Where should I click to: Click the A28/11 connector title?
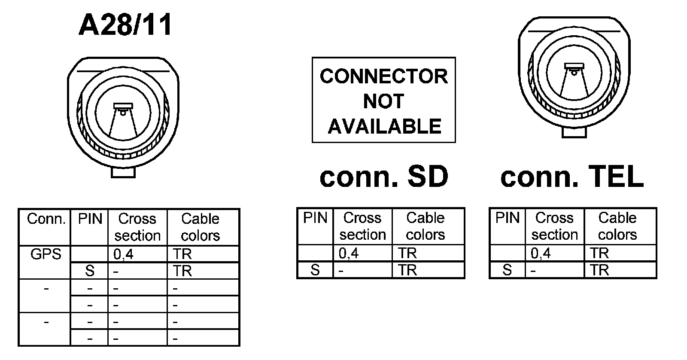[x=125, y=24]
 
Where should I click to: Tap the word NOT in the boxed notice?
[x=383, y=101]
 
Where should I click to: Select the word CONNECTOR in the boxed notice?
[x=383, y=76]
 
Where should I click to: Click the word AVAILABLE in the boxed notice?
[x=384, y=126]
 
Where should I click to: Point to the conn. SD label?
[x=384, y=177]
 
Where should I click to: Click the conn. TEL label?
[x=572, y=177]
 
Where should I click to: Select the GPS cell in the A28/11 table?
[x=46, y=254]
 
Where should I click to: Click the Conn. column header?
[x=46, y=219]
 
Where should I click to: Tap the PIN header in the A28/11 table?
[x=90, y=219]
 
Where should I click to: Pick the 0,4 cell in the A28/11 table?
[x=123, y=255]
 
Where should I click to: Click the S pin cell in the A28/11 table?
[x=90, y=271]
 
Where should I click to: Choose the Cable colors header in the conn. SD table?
[x=425, y=226]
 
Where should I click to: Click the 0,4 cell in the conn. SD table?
[x=348, y=253]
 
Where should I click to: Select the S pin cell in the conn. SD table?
[x=315, y=270]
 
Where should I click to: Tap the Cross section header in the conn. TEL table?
[x=554, y=226]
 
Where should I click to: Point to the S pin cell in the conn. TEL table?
[x=507, y=270]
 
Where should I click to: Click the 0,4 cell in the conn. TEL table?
[x=541, y=253]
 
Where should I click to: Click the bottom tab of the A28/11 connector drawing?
[x=123, y=172]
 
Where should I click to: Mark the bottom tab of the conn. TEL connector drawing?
[x=574, y=133]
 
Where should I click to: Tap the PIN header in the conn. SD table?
[x=315, y=218]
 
